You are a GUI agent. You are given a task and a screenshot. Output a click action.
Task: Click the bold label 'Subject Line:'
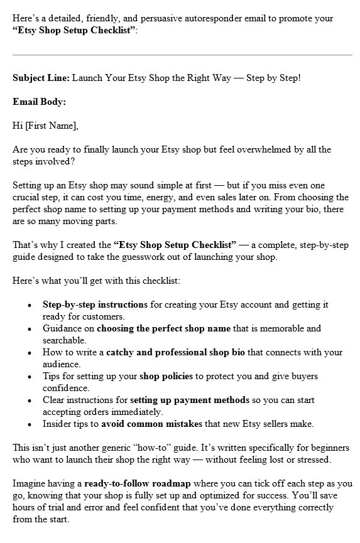point(41,78)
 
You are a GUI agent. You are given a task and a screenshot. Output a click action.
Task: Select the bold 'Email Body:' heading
point(39,102)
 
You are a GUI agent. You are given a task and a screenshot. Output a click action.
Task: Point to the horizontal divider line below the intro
point(182,55)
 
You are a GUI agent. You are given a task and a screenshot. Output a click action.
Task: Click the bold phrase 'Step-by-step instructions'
point(95,304)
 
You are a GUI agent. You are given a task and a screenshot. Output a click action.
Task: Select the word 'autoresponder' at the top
point(210,18)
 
